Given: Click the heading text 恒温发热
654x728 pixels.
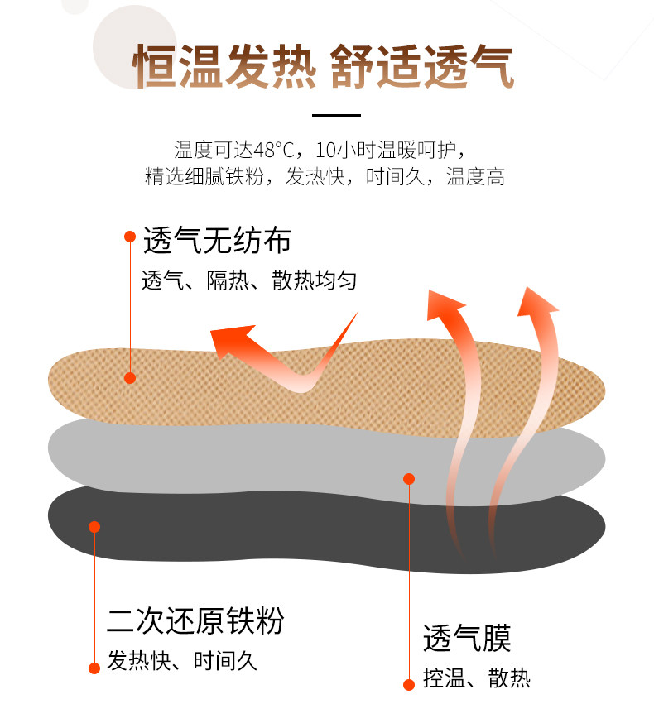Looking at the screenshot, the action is tap(224, 66).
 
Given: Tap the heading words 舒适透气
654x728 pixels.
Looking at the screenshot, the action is tap(422, 66).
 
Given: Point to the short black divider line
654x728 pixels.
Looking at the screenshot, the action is tap(336, 116).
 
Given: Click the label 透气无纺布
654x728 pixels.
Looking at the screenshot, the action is tap(217, 241).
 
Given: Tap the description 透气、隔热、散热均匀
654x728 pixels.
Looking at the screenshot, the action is tap(249, 281).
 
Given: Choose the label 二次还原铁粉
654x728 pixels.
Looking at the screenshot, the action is tap(195, 620).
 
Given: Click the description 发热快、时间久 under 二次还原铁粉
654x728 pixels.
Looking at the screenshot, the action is tap(183, 662).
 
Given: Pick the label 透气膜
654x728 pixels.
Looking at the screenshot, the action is tap(467, 638).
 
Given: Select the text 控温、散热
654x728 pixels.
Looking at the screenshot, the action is tap(476, 680).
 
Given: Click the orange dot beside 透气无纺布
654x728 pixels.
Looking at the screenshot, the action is tap(130, 237).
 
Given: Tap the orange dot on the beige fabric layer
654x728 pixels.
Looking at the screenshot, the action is tap(130, 378).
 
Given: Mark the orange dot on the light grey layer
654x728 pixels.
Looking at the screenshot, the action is tap(408, 478).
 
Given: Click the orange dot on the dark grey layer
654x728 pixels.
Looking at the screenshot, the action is tap(94, 527).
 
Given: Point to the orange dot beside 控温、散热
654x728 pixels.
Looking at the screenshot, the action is tap(408, 684).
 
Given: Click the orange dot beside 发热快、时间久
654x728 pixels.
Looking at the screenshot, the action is tap(94, 667).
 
